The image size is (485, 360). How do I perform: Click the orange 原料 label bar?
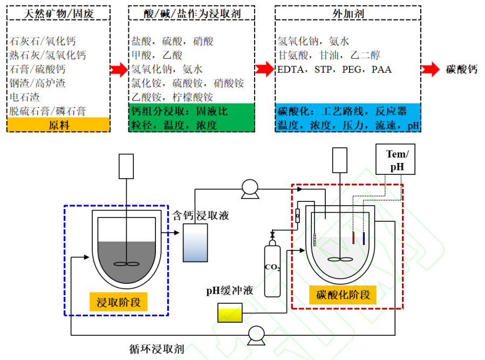58,125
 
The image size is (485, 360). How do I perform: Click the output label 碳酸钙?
462,70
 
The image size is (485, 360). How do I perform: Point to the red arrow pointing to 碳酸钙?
431,70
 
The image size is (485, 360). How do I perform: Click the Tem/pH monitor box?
397,160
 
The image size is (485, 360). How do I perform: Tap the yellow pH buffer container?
229,313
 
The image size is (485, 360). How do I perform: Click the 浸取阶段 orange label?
119,302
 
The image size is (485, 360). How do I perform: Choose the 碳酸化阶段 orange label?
343,295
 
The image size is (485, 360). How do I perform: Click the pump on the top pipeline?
250,188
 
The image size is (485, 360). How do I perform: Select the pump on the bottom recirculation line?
256,336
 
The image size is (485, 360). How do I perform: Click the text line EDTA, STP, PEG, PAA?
334,70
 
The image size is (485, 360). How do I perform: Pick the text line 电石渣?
25,98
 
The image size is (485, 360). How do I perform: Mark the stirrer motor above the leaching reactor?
126,166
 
